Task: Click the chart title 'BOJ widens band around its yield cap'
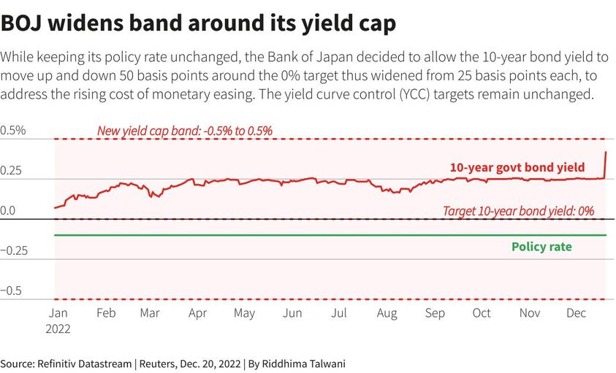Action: [198, 23]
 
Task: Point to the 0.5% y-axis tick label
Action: [13, 131]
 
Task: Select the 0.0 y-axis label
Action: [9, 210]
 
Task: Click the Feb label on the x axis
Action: [106, 313]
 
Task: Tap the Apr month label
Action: [197, 313]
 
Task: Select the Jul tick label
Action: [338, 313]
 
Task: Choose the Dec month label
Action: [577, 313]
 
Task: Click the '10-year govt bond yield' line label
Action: [517, 168]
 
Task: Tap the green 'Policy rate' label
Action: [541, 247]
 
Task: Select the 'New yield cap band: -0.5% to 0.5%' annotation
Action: [185, 131]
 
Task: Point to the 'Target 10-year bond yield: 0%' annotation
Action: [518, 211]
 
